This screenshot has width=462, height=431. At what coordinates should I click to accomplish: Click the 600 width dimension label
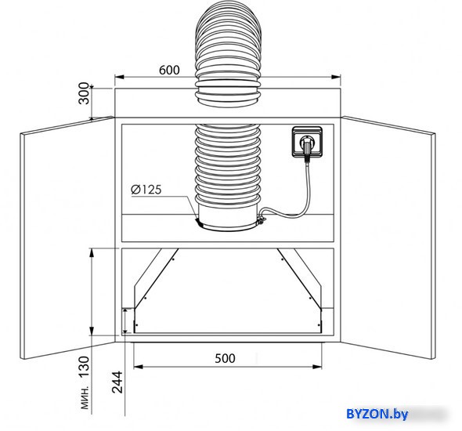[169, 71]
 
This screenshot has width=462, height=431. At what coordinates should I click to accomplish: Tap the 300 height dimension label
[85, 93]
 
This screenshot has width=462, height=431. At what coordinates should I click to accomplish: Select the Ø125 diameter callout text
[146, 190]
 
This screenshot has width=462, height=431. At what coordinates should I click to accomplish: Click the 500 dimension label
[225, 358]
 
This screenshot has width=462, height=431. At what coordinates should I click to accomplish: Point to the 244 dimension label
[117, 382]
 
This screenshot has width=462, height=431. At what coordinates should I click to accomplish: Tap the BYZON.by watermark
[377, 414]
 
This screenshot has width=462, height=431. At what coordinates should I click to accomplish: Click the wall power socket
[307, 142]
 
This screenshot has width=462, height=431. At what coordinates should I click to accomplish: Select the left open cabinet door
[67, 238]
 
